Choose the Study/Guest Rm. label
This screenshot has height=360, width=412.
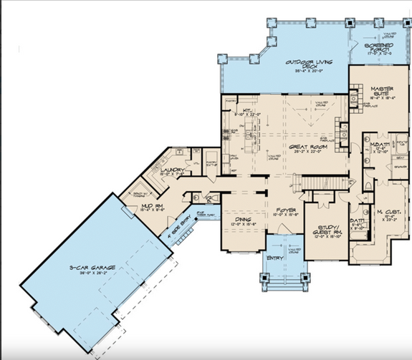[327, 231]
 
